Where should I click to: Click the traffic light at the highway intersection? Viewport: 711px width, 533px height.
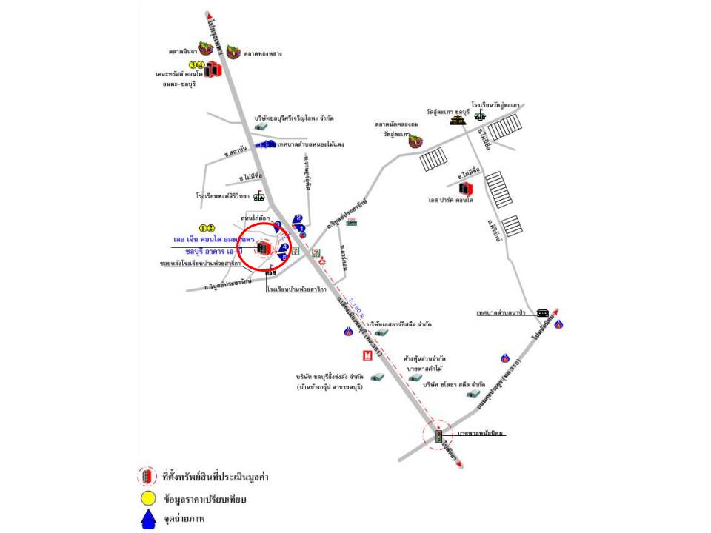(x=438, y=436)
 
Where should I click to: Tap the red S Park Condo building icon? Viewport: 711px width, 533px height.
(x=464, y=190)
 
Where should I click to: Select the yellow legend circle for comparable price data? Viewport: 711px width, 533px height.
(x=147, y=499)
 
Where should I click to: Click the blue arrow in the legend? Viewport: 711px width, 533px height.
(x=147, y=520)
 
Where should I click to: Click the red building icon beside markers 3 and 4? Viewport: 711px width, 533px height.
(x=213, y=70)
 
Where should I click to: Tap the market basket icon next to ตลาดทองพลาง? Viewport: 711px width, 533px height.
(x=234, y=51)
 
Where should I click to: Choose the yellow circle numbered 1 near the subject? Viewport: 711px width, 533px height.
(x=203, y=227)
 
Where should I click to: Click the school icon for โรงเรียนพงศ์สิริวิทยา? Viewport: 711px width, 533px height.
(x=258, y=196)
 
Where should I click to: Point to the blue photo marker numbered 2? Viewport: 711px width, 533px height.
(x=298, y=218)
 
